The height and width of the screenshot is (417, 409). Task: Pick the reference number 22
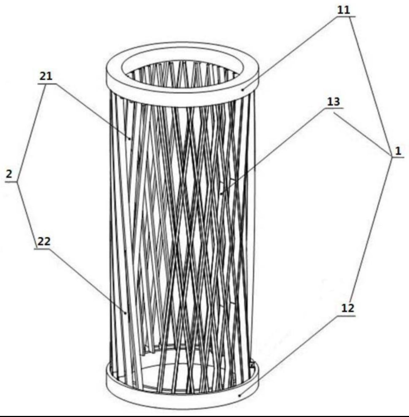tap(44, 242)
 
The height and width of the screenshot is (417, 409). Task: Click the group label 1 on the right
tap(398, 152)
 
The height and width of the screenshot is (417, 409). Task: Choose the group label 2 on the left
tap(10, 175)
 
